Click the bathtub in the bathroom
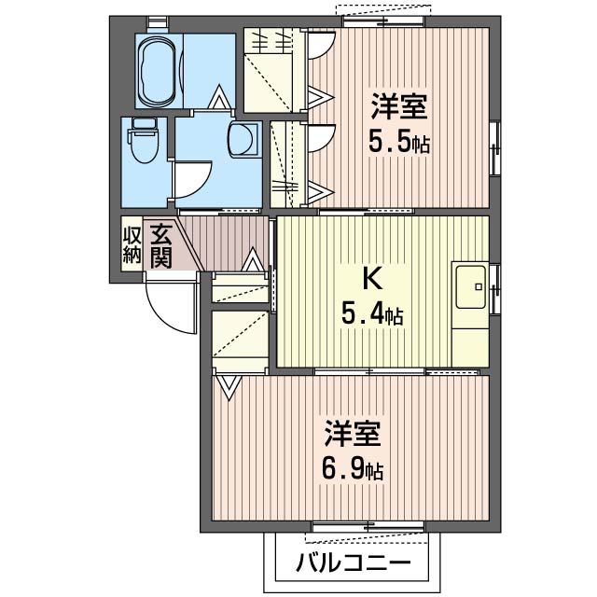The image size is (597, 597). tap(158, 71)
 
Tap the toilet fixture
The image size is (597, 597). tap(143, 141)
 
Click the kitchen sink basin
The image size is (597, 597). tap(471, 286)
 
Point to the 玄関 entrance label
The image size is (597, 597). tap(161, 246)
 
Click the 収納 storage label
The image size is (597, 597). tap(132, 245)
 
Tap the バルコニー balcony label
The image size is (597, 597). tap(354, 562)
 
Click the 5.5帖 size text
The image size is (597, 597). tap(398, 143)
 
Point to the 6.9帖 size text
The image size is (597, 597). tap(353, 469)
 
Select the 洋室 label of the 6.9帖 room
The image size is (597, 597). tap(353, 433)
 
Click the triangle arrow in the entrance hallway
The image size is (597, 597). tap(253, 259)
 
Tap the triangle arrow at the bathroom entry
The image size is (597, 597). tap(220, 97)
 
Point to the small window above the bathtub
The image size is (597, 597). tap(158, 21)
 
